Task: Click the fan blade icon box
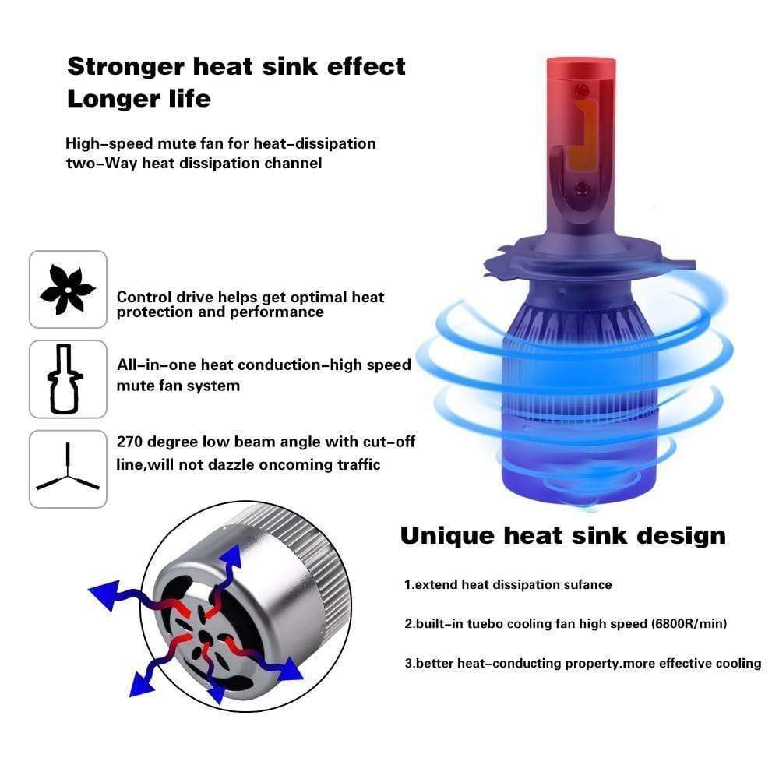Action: coord(68,289)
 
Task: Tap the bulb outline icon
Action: coord(65,379)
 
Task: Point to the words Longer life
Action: coord(139,99)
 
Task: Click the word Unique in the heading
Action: coord(447,537)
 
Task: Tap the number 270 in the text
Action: coord(129,442)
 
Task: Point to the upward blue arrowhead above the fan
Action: coord(230,556)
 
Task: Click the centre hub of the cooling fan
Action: coord(205,637)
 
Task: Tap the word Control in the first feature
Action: coord(145,297)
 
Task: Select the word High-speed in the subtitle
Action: coord(109,144)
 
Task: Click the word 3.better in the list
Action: coord(428,663)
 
